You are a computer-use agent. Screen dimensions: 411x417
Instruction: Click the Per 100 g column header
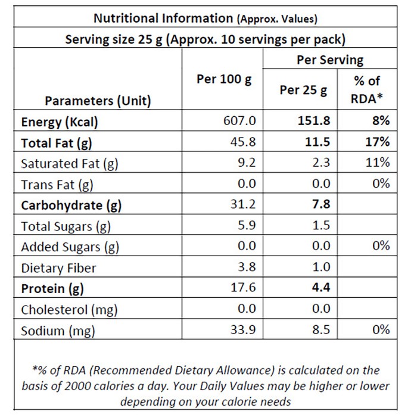224,79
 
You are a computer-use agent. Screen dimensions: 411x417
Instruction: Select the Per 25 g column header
303,91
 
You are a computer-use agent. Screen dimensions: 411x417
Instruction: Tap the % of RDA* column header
366,90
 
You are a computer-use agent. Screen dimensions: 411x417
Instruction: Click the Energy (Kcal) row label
60,122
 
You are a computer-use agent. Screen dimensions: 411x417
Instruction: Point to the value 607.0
239,121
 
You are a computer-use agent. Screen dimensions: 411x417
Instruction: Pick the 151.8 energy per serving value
314,121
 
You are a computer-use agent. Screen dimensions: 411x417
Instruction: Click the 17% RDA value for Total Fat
378,142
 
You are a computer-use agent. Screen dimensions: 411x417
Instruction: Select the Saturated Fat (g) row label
69,164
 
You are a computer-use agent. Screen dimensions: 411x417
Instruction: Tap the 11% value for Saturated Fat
378,163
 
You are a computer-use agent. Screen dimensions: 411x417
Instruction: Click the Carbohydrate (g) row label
71,206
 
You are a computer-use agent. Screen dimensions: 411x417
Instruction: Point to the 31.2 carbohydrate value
243,204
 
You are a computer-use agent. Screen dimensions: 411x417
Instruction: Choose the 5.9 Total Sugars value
247,225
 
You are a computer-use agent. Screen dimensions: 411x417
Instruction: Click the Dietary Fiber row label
58,268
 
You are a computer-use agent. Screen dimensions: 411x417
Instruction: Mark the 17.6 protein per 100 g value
243,288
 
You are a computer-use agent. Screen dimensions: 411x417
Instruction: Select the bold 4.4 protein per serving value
321,288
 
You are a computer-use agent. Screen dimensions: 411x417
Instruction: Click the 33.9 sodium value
243,330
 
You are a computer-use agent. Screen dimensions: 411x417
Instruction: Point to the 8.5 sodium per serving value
321,330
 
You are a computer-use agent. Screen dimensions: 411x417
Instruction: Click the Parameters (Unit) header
98,101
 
